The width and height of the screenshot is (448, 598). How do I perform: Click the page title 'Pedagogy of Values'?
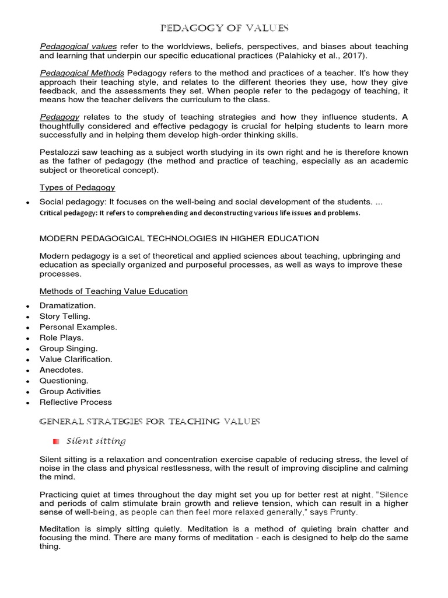[x=224, y=28]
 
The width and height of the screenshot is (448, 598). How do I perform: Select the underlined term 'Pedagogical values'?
[x=78, y=46]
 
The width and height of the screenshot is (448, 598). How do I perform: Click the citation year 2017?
[x=356, y=56]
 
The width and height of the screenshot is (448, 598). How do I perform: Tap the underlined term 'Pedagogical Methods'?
[x=82, y=73]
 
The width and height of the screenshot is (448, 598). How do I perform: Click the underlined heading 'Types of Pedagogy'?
[x=77, y=187]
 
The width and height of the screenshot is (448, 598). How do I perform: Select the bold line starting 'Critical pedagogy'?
[x=199, y=213]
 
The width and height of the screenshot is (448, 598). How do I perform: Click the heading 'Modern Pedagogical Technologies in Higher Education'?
[x=179, y=238]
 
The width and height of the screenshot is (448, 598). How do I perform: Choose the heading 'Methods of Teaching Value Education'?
[x=113, y=291]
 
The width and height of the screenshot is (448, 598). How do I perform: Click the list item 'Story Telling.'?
[x=65, y=317]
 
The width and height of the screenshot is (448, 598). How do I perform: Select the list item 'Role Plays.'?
[x=61, y=338]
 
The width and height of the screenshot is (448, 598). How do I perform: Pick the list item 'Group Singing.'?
[x=68, y=349]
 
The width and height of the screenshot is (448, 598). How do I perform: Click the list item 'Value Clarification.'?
[x=76, y=359]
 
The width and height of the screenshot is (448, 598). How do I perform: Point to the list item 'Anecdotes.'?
[x=61, y=370]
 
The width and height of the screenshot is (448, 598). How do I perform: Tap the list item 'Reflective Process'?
[x=76, y=402]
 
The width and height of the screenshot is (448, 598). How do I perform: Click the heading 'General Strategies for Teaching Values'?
[x=149, y=422]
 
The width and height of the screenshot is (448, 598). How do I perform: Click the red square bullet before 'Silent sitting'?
[x=56, y=441]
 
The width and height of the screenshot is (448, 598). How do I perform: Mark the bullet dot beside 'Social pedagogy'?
[x=27, y=202]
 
